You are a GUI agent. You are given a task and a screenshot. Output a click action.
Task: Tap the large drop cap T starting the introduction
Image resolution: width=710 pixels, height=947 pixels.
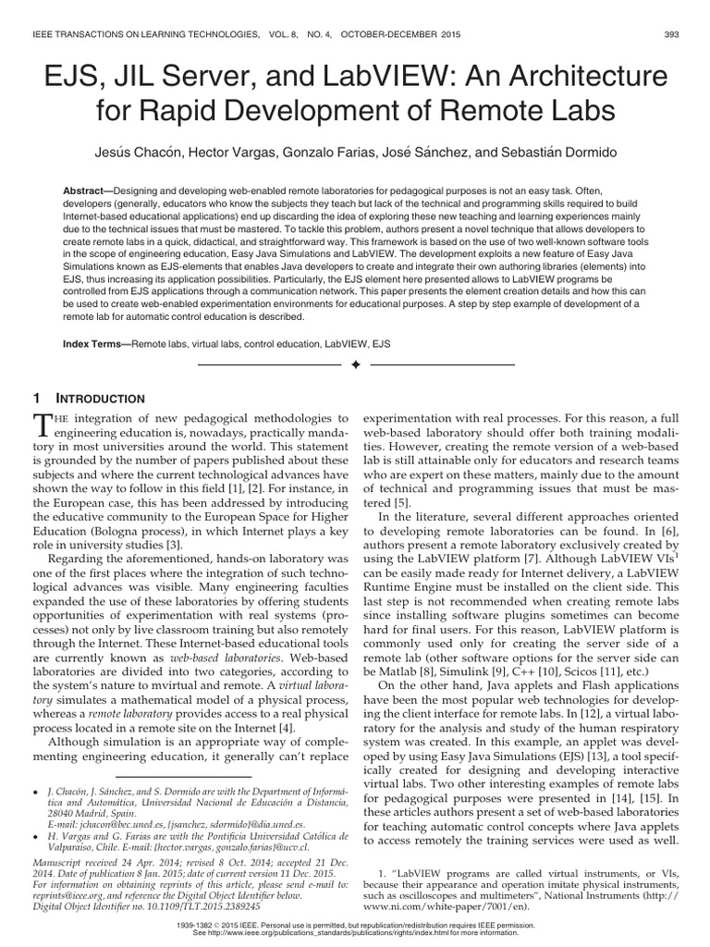click(42, 426)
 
